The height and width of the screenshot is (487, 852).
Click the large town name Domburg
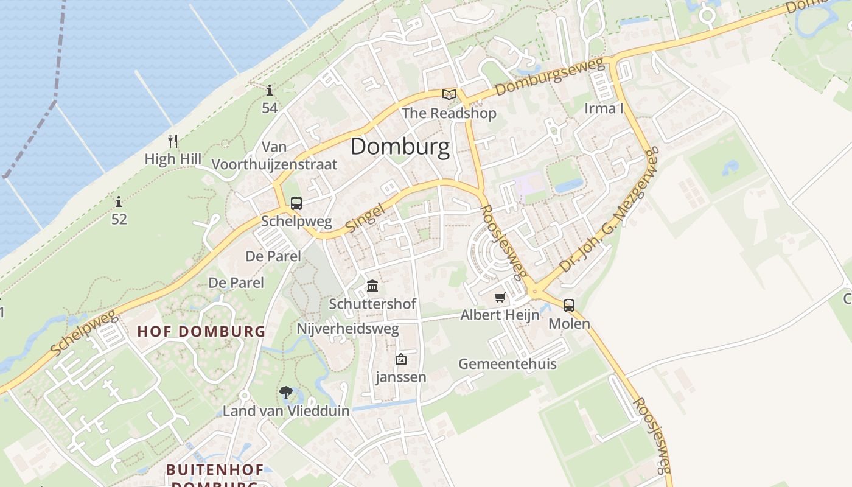(x=400, y=147)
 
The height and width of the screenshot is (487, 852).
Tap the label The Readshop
(x=449, y=113)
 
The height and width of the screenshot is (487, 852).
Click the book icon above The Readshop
(x=449, y=94)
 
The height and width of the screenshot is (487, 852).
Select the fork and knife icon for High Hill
(x=173, y=141)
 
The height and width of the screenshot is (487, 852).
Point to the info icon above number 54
(x=270, y=91)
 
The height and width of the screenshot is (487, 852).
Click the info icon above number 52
(x=119, y=201)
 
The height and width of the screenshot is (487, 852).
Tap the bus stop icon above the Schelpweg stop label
(x=296, y=203)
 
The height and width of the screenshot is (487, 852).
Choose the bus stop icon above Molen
(x=569, y=305)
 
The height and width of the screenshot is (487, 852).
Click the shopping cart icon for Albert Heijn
(x=500, y=297)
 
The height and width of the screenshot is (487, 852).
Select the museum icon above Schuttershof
(x=372, y=286)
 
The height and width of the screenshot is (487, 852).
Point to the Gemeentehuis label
(x=507, y=364)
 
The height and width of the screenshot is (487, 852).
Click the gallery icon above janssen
(x=400, y=359)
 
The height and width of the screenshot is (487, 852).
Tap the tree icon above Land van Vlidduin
(x=285, y=393)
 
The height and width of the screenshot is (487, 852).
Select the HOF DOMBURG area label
(x=201, y=332)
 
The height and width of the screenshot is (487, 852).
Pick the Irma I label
(x=604, y=108)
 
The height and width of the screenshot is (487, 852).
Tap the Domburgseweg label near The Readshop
(x=551, y=76)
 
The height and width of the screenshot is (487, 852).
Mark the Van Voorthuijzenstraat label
(x=274, y=156)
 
